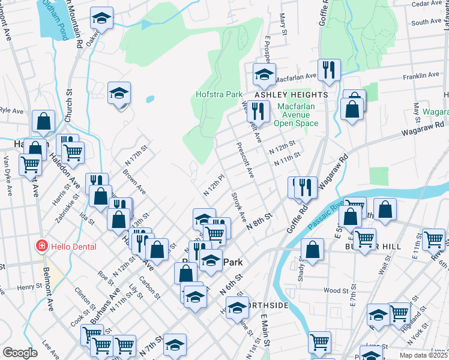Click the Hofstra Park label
pos(218,94)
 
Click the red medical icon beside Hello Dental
pos(41,246)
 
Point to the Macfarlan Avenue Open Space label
pos(296,115)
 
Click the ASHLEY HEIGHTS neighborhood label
pos(291,95)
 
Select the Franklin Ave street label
pos(421,76)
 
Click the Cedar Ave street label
pos(427,4)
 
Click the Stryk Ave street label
pos(239,208)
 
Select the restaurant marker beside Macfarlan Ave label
pos(328,70)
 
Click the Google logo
pos(20,353)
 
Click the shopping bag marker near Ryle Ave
pos(44,122)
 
